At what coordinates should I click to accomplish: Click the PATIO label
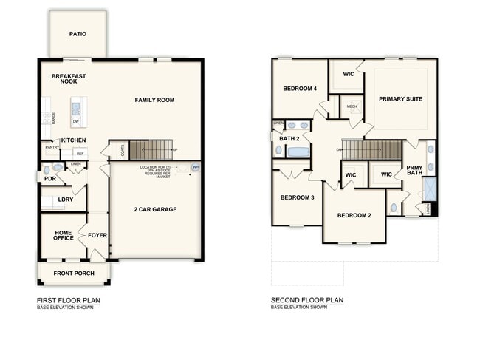tap(78, 33)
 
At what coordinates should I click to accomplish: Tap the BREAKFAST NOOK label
tap(69, 80)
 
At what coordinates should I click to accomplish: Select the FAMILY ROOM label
tap(154, 99)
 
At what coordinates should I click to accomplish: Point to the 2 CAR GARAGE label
tap(154, 209)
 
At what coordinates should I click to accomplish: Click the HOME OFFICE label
tap(63, 236)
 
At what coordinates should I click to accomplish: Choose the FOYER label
tap(97, 236)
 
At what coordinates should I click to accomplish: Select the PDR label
tap(50, 178)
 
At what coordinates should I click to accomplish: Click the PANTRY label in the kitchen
tap(52, 147)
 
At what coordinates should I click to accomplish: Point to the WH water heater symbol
tap(195, 168)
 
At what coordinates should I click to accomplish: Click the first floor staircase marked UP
tap(151, 150)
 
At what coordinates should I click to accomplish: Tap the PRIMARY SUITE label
tap(400, 98)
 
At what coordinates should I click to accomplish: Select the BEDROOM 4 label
tap(299, 89)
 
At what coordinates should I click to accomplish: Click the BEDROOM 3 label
tap(297, 197)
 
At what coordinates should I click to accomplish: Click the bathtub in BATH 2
tap(298, 152)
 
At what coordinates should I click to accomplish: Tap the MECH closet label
tap(352, 106)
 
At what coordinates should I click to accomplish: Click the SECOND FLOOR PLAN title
tap(306, 300)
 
